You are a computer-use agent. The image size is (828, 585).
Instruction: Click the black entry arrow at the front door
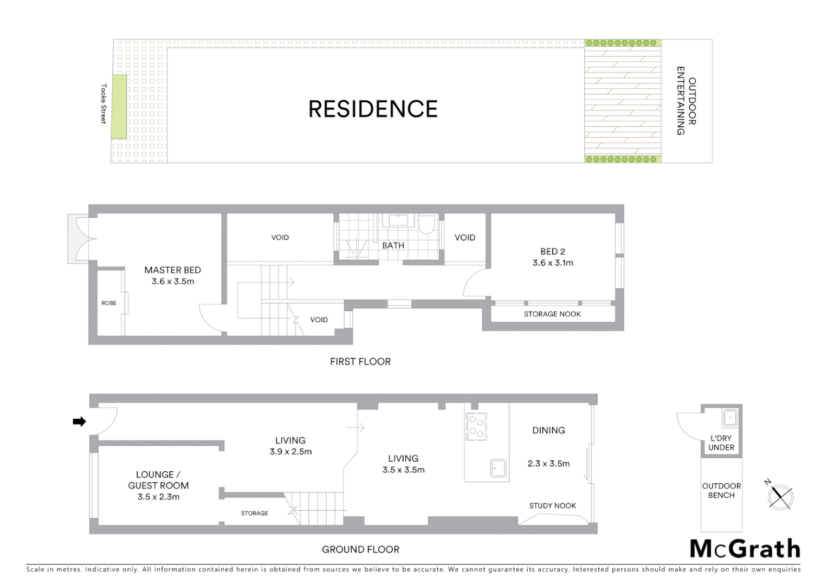[x=79, y=421]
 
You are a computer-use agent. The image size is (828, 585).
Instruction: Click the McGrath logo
[x=745, y=549]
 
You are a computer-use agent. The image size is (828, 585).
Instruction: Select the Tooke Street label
[x=104, y=103]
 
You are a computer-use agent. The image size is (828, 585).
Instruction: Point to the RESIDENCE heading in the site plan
[x=373, y=109]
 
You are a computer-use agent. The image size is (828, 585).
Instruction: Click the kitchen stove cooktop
[x=476, y=426]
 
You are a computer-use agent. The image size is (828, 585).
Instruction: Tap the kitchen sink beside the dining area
[x=498, y=468]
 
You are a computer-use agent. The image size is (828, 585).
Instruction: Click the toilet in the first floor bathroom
[x=426, y=224]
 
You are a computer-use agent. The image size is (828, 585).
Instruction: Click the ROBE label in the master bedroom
[x=109, y=303]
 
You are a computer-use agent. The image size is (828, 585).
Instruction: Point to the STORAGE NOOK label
[x=552, y=314]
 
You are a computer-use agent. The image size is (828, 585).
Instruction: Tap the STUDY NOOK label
[x=552, y=505]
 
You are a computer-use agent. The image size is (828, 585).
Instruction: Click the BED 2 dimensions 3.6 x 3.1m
[x=553, y=263]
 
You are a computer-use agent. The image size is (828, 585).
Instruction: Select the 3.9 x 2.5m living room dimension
[x=290, y=452]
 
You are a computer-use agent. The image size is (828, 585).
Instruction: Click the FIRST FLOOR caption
[x=360, y=361]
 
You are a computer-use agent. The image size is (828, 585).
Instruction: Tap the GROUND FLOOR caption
[x=360, y=549]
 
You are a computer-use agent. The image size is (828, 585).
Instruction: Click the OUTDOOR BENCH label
[x=721, y=491]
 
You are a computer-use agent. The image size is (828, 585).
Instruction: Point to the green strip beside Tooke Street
[x=119, y=106]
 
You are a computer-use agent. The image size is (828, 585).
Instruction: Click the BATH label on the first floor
[x=393, y=245]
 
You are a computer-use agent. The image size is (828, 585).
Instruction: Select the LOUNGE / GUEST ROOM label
[x=158, y=480]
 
